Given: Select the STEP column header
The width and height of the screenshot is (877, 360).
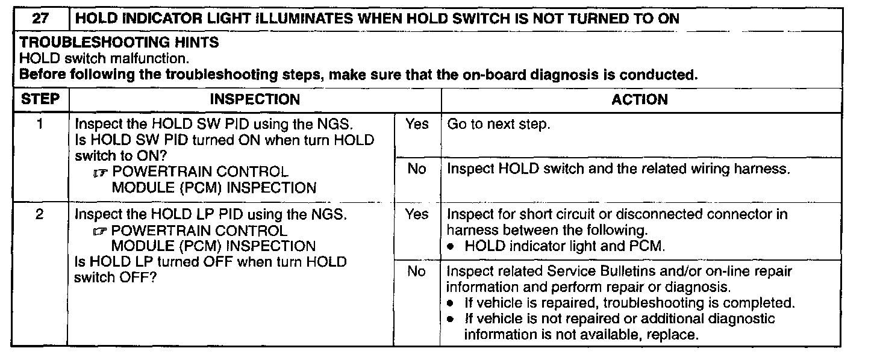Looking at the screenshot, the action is [x=40, y=99].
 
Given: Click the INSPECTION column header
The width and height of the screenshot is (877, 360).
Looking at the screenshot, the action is [x=255, y=99].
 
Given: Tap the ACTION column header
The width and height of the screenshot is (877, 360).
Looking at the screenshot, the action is [x=640, y=99].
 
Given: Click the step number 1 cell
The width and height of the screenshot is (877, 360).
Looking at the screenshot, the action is [x=39, y=125].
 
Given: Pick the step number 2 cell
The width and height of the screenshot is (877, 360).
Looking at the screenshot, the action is [x=39, y=215].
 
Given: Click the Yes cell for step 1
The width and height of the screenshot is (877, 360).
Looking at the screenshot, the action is [x=417, y=125].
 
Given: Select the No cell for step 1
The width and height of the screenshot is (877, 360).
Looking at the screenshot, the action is [x=417, y=169].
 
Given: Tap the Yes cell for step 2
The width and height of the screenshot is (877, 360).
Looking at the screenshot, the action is [x=417, y=215].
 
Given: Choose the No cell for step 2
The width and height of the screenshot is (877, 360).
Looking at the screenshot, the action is [x=417, y=272].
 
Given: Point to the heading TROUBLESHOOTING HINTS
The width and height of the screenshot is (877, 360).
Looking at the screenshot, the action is [x=119, y=43].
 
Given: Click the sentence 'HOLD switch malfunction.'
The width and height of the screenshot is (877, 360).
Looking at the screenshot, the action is [x=104, y=59].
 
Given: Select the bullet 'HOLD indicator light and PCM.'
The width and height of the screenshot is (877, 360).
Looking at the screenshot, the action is [x=564, y=246].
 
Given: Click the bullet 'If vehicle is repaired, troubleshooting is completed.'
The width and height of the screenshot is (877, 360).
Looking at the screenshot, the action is [x=629, y=303].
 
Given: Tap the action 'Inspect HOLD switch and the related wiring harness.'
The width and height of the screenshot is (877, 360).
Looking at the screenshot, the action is [x=618, y=169].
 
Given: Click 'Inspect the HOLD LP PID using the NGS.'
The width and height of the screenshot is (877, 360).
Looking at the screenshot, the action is [x=210, y=215].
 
